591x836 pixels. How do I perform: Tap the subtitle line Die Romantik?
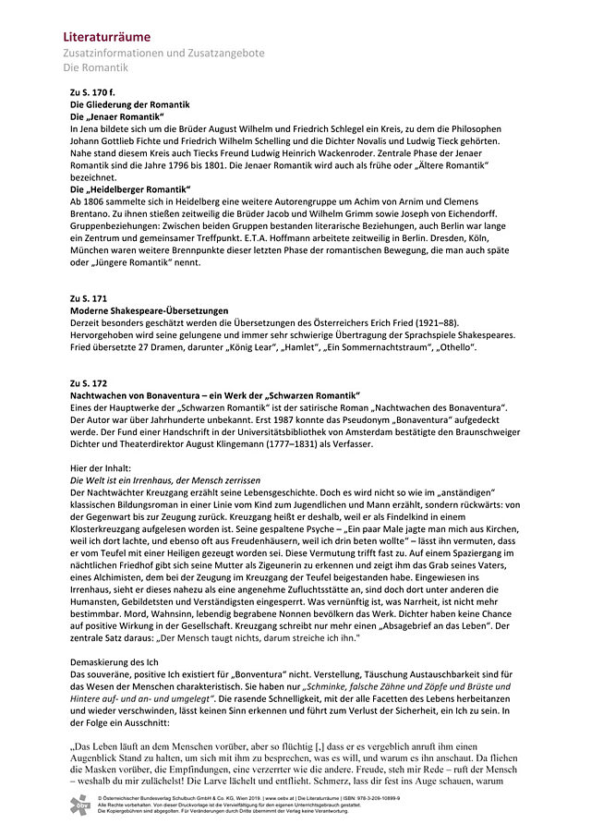tap(96, 67)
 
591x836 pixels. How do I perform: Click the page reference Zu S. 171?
tap(89, 299)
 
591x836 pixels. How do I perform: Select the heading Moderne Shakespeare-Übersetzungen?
tap(149, 311)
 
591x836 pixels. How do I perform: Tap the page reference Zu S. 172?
tap(89, 382)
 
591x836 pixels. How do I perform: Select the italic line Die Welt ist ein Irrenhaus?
tap(165, 482)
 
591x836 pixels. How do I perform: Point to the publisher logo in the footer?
tap(81, 803)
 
